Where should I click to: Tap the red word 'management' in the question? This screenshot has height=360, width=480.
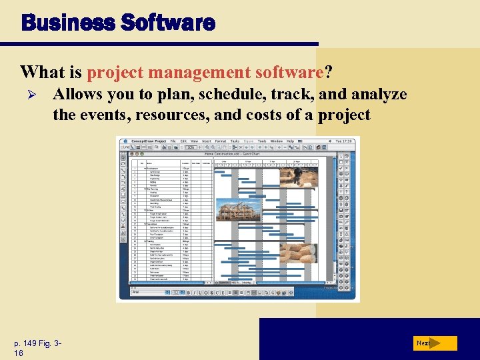pos(193,71)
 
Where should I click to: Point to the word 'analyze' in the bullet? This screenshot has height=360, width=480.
pos(379,95)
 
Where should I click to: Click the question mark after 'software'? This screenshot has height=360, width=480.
pos(328,71)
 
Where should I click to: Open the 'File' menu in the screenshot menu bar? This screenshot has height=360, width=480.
pos(173,141)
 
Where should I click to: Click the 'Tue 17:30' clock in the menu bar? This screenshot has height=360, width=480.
pos(346,141)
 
